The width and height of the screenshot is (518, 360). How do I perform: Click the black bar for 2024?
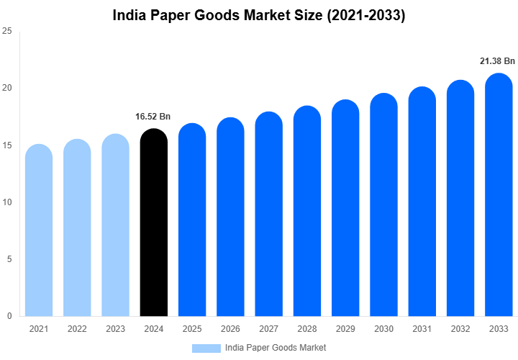click(153, 223)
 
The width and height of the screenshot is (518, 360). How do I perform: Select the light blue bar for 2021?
click(39, 230)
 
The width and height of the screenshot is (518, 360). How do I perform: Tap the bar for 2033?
click(499, 194)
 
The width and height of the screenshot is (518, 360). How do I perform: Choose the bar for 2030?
click(383, 205)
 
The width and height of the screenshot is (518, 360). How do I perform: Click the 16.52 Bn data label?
click(153, 116)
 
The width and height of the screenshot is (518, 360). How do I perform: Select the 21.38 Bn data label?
click(498, 61)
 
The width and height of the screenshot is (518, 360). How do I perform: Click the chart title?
click(259, 16)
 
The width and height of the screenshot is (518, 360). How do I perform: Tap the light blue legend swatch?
click(206, 348)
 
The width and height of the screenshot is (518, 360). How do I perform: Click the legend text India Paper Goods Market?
click(276, 348)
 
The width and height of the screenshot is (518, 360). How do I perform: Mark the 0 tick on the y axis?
click(9, 316)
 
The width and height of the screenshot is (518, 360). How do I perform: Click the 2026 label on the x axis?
click(230, 328)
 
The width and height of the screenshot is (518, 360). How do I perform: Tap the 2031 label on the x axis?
click(422, 328)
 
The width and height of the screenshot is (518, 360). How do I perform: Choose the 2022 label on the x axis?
click(77, 328)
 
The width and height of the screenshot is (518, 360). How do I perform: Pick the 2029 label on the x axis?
click(345, 328)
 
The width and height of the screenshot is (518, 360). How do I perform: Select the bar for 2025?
click(192, 220)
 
